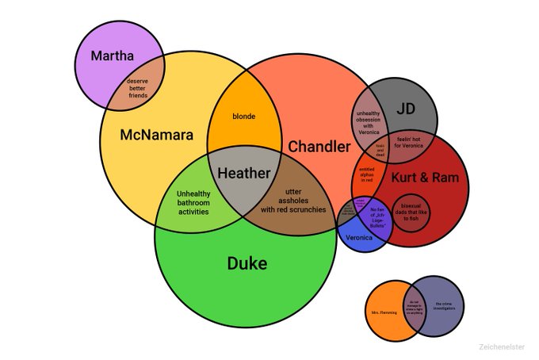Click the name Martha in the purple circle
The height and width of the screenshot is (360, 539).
click(113, 56)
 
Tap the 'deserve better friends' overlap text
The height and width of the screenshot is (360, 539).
click(138, 88)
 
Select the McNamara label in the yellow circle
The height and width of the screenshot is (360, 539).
click(156, 136)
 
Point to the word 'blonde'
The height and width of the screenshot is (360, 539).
click(243, 117)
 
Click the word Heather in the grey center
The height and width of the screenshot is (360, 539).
click(243, 172)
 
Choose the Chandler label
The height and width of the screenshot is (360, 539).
click(319, 147)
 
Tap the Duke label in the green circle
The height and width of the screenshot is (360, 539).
click(247, 263)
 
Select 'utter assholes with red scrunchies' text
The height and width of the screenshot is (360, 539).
click(289, 201)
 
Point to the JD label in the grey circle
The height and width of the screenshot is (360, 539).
click(405, 109)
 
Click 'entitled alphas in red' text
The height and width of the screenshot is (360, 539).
click(367, 174)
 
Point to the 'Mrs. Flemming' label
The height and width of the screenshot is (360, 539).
click(382, 313)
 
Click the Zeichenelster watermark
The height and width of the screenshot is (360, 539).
click(501, 347)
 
